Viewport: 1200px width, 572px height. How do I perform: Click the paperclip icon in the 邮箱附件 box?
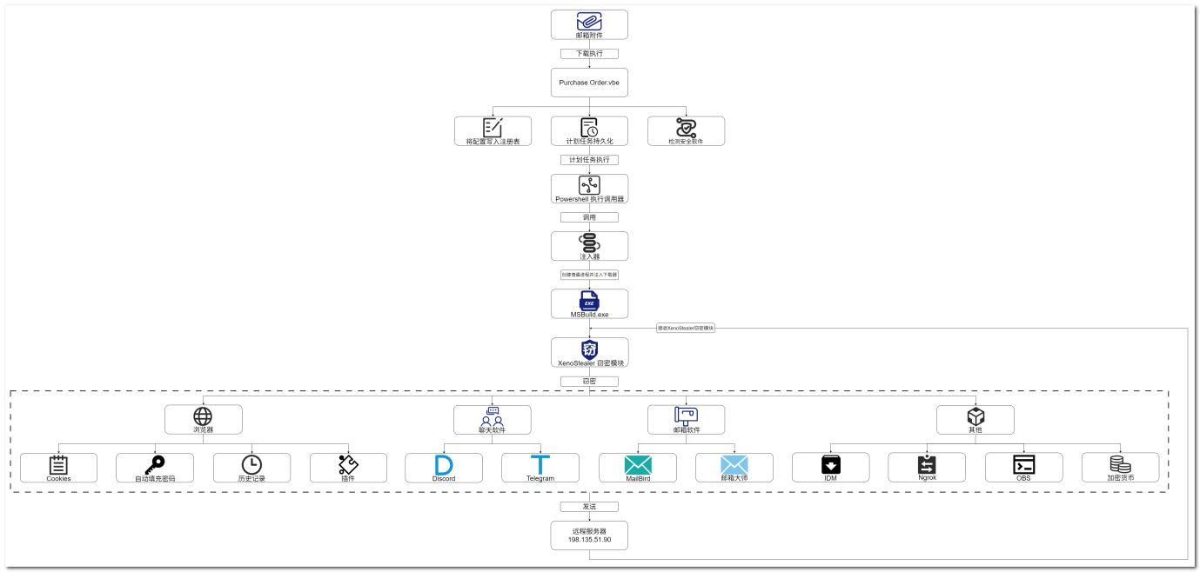pos(589,22)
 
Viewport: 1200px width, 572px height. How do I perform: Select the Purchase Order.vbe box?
pos(589,83)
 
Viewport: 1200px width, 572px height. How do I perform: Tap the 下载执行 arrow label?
pos(589,54)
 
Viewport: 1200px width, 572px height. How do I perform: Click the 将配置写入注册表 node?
pos(493,131)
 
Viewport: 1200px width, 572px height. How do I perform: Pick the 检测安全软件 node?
pos(686,131)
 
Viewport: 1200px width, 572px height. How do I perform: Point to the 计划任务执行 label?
pos(589,160)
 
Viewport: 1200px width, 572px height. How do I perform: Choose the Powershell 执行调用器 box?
pos(589,189)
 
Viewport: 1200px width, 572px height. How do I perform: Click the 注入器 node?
pos(589,246)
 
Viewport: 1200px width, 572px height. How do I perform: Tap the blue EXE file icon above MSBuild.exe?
pos(589,301)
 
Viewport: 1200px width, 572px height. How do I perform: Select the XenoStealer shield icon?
pos(589,349)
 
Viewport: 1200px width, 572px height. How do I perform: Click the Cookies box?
pos(58,468)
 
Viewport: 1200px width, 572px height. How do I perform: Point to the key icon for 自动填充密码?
pos(155,464)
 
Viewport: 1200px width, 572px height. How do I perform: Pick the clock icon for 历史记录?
pos(251,464)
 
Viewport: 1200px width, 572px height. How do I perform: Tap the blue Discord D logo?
pos(444,464)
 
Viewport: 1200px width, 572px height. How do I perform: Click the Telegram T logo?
pos(540,464)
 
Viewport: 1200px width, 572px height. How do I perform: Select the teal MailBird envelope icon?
pos(638,464)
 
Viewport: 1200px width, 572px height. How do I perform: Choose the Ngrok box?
pos(927,468)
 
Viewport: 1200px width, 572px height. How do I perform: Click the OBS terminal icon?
pos(1023,464)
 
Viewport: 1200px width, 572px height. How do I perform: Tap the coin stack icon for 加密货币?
pos(1120,464)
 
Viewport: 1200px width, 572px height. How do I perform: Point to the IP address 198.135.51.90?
pos(589,540)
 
